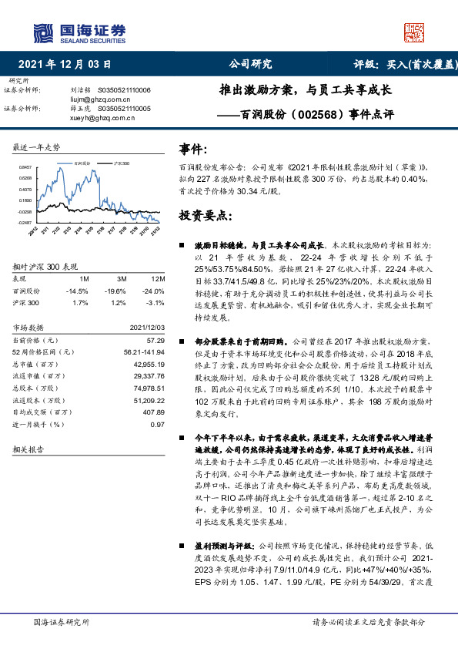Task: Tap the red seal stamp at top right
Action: (414, 33)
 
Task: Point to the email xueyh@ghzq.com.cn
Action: (96, 118)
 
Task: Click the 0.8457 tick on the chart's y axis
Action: (25, 166)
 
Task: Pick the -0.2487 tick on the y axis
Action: (25, 222)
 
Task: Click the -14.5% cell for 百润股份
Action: (77, 291)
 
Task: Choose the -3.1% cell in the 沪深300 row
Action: (156, 303)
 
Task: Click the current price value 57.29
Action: (156, 339)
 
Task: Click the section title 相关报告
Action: (29, 448)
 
